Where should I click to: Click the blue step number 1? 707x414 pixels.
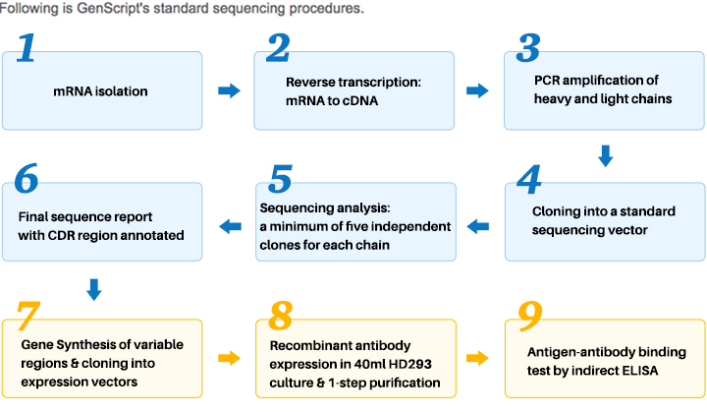coord(27,48)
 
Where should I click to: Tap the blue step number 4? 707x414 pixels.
coord(529,179)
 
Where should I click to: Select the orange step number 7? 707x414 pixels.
coord(27,316)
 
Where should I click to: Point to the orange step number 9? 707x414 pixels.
coord(530,316)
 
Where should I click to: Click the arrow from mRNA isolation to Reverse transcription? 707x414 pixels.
coord(229,90)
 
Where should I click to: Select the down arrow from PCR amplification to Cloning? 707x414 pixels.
coord(605,155)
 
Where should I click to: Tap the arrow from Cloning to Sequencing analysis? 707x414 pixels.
coord(478,226)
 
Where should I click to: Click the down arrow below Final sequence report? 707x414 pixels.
coord(94,290)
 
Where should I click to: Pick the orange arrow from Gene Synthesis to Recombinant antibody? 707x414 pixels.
coord(229,358)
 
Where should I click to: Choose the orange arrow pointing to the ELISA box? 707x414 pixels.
coord(477,358)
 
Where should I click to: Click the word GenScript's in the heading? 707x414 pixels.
coord(112,9)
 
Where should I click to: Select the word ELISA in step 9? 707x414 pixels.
coord(640,371)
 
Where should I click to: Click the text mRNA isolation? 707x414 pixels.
coord(100,91)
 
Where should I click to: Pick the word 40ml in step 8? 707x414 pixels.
coord(368,364)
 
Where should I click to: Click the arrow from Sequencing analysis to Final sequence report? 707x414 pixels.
coord(230,226)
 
